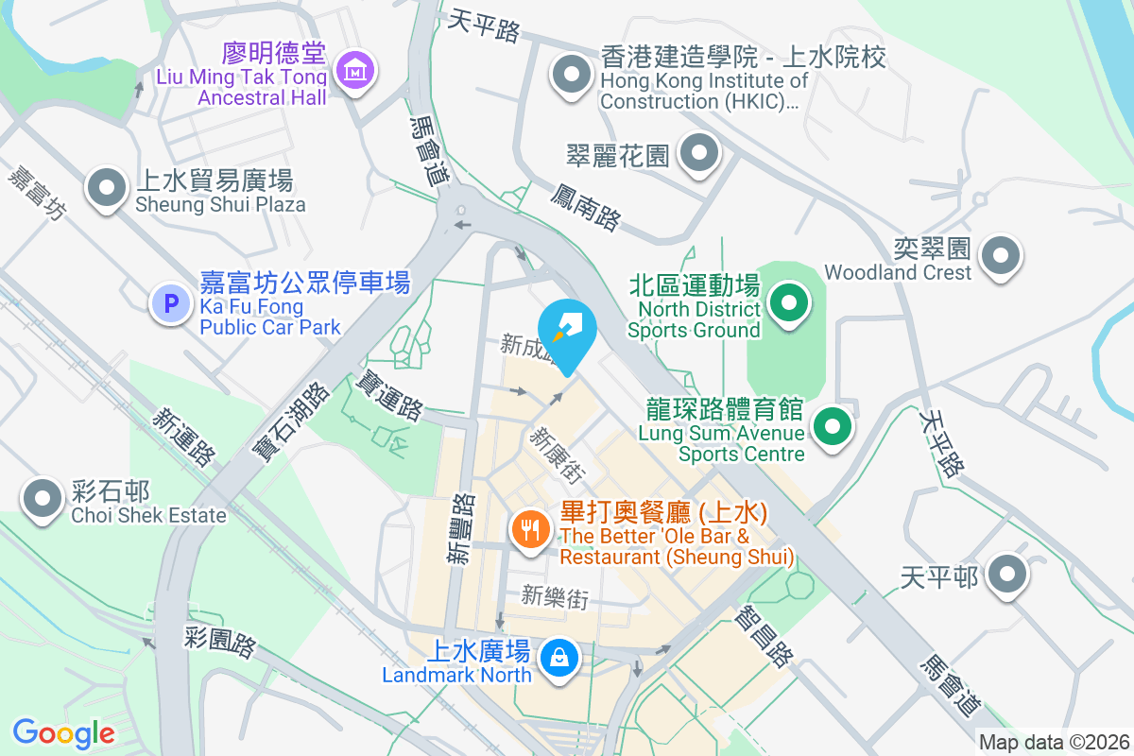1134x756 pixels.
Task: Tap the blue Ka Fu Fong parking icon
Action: pyautogui.click(x=171, y=304)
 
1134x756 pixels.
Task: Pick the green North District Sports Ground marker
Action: pyautogui.click(x=788, y=304)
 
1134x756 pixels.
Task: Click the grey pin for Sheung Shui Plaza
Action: pyautogui.click(x=107, y=188)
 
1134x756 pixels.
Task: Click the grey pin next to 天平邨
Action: pyautogui.click(x=1007, y=574)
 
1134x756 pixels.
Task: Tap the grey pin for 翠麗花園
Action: pyautogui.click(x=699, y=152)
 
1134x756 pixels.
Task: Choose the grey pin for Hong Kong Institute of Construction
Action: pyautogui.click(x=571, y=75)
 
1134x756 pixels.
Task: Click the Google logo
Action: pyautogui.click(x=63, y=732)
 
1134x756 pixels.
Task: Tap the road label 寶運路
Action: pyautogui.click(x=388, y=395)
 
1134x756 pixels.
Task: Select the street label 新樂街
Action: pyautogui.click(x=555, y=597)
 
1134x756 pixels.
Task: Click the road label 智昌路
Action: pyautogui.click(x=766, y=635)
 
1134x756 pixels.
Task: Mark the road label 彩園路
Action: pyautogui.click(x=219, y=643)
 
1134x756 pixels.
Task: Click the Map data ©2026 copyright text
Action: pyautogui.click(x=1054, y=742)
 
